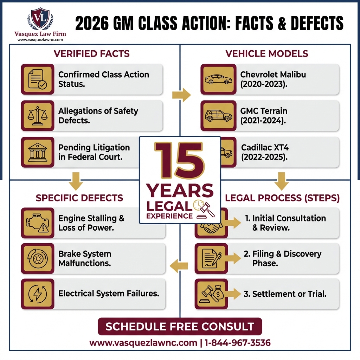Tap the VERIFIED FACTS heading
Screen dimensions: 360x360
(x=91, y=54)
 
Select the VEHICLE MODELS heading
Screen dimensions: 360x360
(x=266, y=54)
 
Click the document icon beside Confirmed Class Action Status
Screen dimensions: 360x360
(x=38, y=79)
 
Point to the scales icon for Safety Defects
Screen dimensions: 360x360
(x=38, y=116)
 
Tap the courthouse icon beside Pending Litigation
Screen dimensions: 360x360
(x=38, y=152)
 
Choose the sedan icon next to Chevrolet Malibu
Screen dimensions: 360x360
(x=218, y=79)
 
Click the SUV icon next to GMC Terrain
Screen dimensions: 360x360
(x=218, y=116)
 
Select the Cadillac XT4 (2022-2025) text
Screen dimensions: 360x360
(x=264, y=152)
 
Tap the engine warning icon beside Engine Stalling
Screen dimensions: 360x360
(x=38, y=223)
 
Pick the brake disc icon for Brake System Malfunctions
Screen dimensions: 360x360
(x=38, y=258)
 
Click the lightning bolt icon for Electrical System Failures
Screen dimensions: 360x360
(x=38, y=294)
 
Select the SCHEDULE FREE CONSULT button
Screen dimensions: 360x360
(x=180, y=326)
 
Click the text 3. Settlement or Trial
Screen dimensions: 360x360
(x=285, y=294)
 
